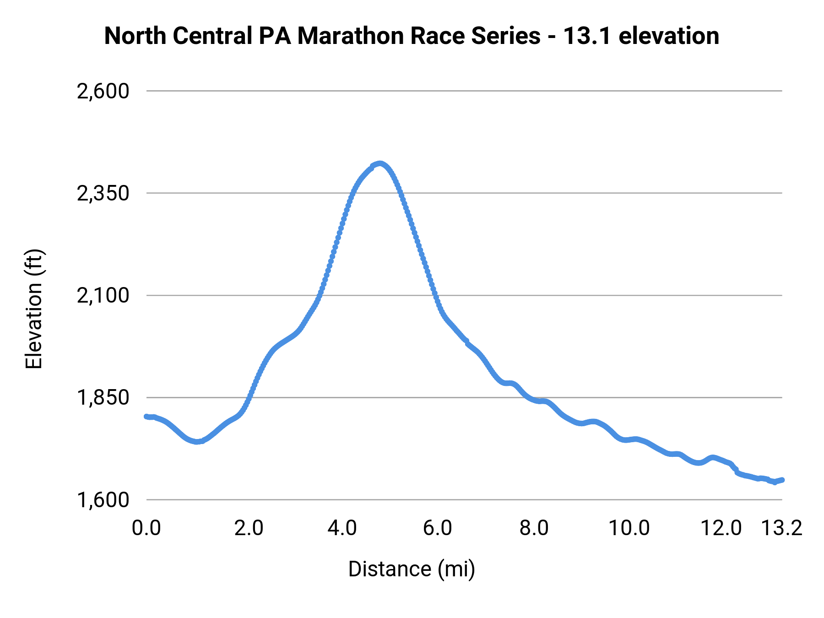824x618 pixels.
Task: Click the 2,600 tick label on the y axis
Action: (103, 91)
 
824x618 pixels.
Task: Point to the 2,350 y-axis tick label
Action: (103, 193)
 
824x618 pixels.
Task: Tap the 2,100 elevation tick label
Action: (103, 295)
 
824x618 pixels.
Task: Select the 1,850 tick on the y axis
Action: (103, 397)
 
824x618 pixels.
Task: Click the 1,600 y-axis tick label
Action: (103, 499)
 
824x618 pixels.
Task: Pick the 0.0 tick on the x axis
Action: (146, 528)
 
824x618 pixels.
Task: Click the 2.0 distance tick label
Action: (249, 528)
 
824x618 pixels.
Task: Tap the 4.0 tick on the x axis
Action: (342, 528)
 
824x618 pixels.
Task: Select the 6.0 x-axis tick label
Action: (437, 528)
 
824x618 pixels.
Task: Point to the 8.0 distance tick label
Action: (534, 528)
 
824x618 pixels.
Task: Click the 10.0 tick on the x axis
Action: (629, 528)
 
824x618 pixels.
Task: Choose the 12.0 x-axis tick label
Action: (721, 528)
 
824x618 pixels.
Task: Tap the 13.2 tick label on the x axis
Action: (781, 528)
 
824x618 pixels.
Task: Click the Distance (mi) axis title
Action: (412, 569)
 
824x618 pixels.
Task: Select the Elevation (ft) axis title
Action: (34, 309)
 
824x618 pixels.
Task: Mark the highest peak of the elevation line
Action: (379, 164)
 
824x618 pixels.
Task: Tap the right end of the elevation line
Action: (782, 480)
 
